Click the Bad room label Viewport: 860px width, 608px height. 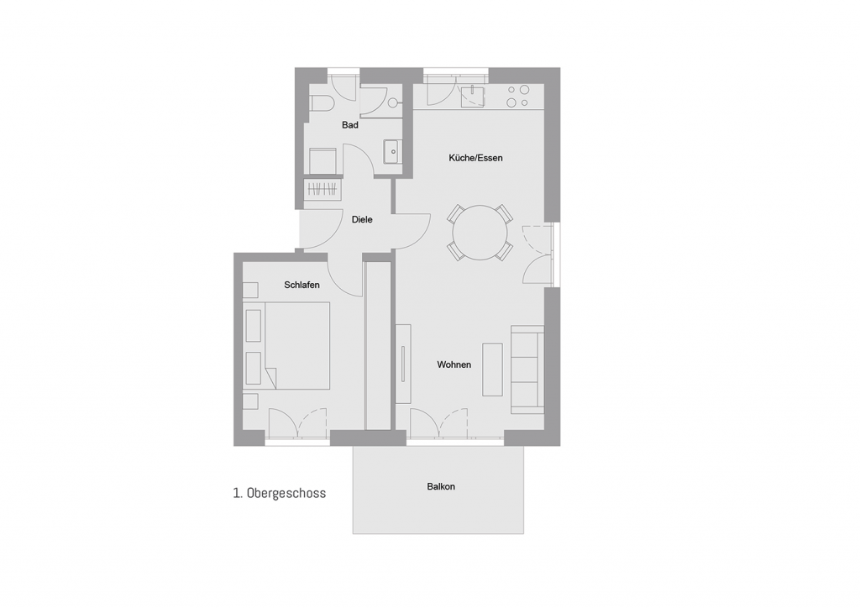point(350,125)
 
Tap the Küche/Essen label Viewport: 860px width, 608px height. point(475,158)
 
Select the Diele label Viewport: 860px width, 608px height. point(362,219)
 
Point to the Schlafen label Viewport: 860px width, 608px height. point(302,285)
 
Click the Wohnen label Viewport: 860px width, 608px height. point(454,364)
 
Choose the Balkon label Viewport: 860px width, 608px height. point(441,486)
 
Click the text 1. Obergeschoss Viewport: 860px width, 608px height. point(279,493)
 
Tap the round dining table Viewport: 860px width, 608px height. point(480,233)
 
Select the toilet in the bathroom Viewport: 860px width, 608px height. point(322,103)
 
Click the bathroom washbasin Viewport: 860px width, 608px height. point(393,151)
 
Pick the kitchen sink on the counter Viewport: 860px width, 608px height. point(473,96)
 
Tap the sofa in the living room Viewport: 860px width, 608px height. point(527,370)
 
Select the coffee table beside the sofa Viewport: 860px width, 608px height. point(492,370)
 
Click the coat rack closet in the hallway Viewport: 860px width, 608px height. point(322,189)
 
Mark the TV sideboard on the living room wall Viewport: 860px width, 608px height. point(403,364)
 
